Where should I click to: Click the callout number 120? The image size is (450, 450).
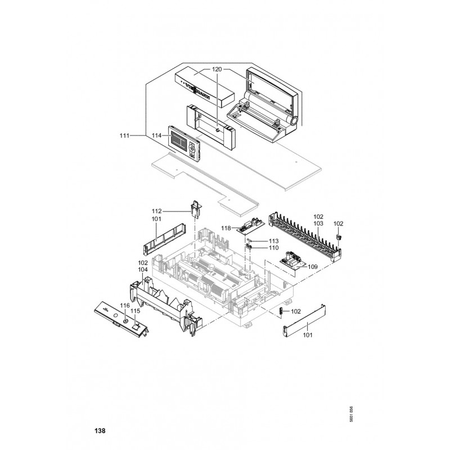(217, 69)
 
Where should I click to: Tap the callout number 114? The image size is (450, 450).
(156, 136)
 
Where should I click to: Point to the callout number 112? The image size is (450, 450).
(157, 211)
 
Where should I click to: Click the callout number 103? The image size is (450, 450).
(318, 223)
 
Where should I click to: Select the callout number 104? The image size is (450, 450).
(143, 270)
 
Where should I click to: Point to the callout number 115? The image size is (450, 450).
(136, 310)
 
